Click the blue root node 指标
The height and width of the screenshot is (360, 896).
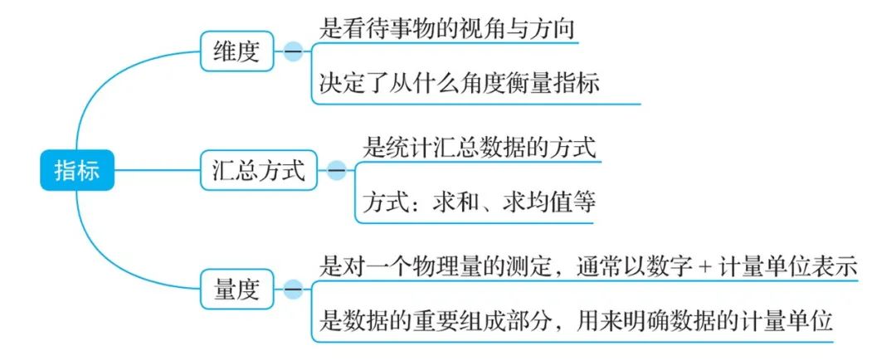coord(76,171)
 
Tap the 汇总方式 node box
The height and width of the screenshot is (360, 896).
coord(258,172)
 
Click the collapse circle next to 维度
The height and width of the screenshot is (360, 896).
coord(293,54)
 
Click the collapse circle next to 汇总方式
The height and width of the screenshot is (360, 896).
coord(337,172)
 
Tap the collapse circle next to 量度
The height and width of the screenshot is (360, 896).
coord(293,289)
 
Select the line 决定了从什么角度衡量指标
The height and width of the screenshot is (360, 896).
coord(459,83)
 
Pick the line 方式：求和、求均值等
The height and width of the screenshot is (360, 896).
coord(480,202)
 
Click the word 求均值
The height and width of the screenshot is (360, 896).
coord(527,202)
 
